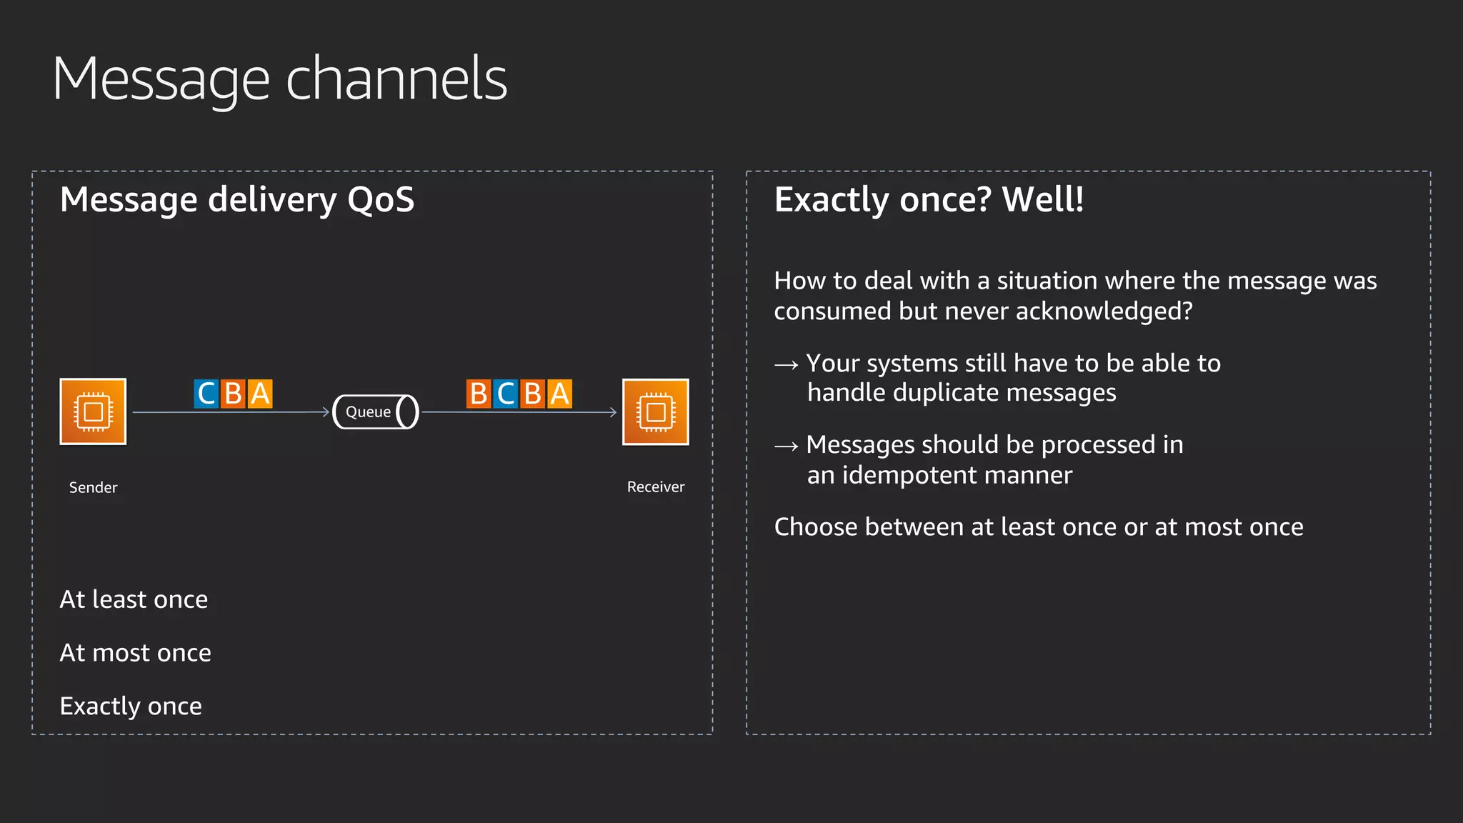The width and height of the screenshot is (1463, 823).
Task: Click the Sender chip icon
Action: pyautogui.click(x=93, y=411)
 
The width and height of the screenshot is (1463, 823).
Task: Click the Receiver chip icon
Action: pyautogui.click(x=655, y=412)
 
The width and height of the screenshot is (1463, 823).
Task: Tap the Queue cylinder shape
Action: pyautogui.click(x=376, y=411)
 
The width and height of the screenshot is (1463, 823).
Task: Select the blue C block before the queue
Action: pyautogui.click(x=206, y=394)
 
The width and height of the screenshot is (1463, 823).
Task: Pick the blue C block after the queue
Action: pyautogui.click(x=506, y=394)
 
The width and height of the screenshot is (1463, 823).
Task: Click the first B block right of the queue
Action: pyautogui.click(x=479, y=394)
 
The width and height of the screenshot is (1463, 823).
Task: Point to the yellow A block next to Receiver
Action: pyautogui.click(x=559, y=394)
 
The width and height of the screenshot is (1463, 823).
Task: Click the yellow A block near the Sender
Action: pyautogui.click(x=260, y=394)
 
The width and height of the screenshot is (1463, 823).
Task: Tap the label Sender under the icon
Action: pyautogui.click(x=93, y=487)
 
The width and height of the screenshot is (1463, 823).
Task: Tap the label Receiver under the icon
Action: pyautogui.click(x=655, y=487)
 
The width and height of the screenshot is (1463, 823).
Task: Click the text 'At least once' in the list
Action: pyautogui.click(x=134, y=599)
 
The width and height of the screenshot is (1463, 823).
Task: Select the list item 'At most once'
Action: pyautogui.click(x=135, y=653)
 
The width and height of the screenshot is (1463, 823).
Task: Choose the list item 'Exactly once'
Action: pyautogui.click(x=131, y=707)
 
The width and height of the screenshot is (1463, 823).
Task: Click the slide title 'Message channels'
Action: pyautogui.click(x=279, y=79)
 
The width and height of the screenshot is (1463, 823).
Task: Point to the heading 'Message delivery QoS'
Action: pyautogui.click(x=236, y=199)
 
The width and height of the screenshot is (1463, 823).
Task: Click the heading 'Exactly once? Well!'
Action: pyautogui.click(x=929, y=199)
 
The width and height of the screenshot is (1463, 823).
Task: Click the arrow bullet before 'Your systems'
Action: pyautogui.click(x=786, y=364)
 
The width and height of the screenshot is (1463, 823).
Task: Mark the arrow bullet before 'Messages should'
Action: pyautogui.click(x=786, y=447)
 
